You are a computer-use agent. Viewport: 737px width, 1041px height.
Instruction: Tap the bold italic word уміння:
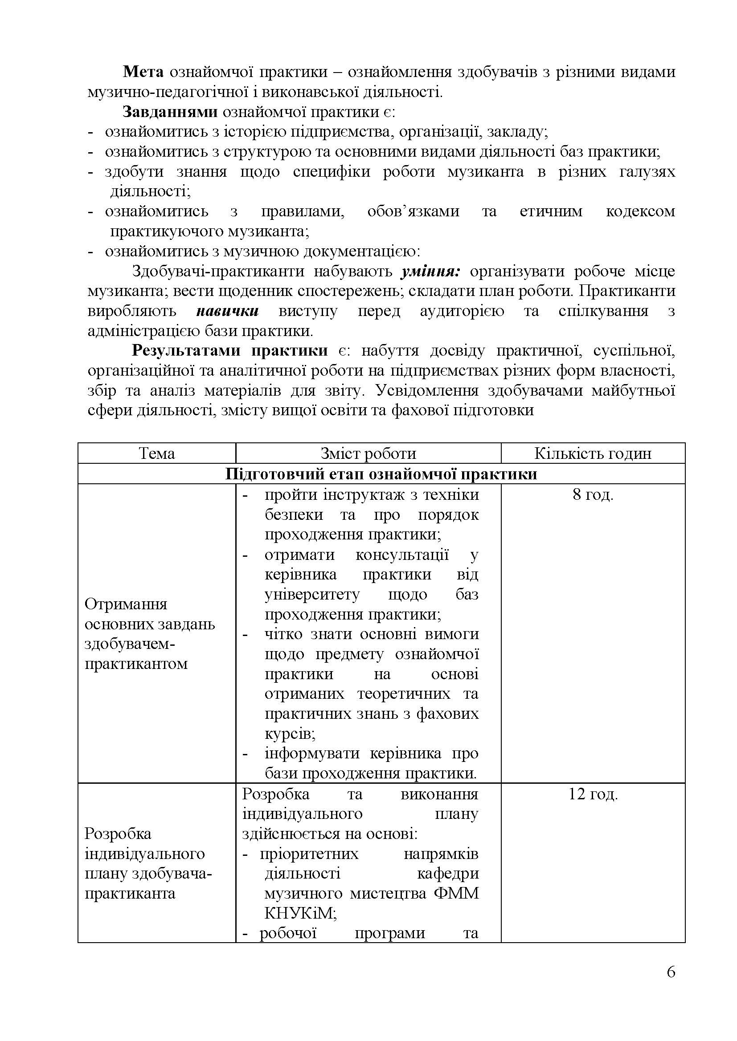coord(431,271)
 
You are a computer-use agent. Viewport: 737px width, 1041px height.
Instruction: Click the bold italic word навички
coord(227,312)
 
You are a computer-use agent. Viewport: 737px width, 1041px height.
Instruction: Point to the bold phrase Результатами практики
coord(229,351)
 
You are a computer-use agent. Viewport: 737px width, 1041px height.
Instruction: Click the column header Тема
coord(156,454)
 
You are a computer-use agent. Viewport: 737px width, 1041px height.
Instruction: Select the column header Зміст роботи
coord(368,454)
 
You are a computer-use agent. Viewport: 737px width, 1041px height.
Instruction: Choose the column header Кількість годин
coord(593,454)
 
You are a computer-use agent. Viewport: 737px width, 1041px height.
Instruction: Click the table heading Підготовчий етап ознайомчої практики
coord(381,474)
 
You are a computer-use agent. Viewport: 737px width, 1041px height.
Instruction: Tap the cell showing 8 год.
coord(593,494)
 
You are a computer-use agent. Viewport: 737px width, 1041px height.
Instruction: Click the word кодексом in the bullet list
coord(640,212)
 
